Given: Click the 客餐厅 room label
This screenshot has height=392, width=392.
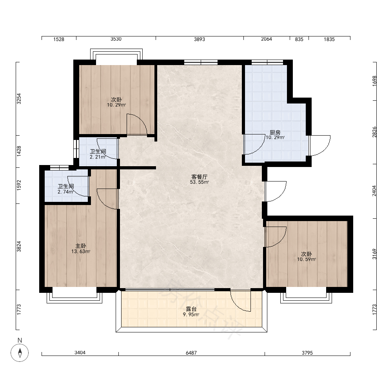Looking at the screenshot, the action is tap(199, 177).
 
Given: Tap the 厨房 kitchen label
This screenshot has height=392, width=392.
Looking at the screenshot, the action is tap(275, 132).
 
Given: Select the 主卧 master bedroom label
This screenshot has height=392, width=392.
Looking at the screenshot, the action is tap(81, 246).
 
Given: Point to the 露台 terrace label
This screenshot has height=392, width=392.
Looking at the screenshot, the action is tap(191, 309).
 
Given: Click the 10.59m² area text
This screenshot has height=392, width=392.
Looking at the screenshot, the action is tap(307, 260).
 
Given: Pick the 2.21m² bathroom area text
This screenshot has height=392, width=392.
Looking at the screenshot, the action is tap(98, 157).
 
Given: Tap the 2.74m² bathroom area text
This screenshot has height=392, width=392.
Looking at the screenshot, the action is tap(65, 192).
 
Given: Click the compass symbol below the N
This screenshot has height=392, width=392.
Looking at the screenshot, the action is tap(20, 353).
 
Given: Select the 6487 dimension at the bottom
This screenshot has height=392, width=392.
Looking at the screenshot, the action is tap(191, 353).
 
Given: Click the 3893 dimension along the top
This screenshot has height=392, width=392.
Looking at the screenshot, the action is tap(200, 39).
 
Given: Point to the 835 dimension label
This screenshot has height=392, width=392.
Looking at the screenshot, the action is tap(299, 39).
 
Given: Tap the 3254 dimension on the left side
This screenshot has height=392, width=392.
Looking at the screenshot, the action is tap(19, 99).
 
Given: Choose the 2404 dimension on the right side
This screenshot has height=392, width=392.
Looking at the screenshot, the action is tap(374, 191).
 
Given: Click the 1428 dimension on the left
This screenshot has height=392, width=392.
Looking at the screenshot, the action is tap(19, 151).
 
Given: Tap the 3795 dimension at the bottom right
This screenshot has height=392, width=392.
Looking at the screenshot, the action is tap(307, 353).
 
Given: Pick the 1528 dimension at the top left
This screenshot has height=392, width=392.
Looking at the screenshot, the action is tap(59, 39).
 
